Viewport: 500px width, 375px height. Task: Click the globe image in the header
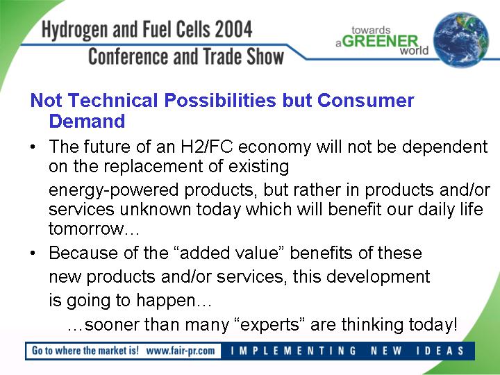tap(461, 40)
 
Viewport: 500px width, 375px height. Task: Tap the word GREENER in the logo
tap(381, 41)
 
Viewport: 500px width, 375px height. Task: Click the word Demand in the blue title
tap(87, 121)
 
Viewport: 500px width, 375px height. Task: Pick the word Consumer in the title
tap(365, 100)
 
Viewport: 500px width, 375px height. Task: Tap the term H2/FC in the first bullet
tap(207, 147)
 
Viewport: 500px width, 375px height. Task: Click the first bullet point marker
tap(33, 147)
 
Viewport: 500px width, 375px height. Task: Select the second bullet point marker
tap(33, 253)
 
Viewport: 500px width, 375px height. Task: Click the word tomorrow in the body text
tap(86, 229)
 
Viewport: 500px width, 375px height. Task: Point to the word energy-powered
tap(113, 191)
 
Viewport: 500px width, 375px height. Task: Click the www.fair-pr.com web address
tap(181, 351)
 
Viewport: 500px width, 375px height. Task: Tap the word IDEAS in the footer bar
tap(440, 351)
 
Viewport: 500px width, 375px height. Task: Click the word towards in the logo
tap(371, 31)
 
